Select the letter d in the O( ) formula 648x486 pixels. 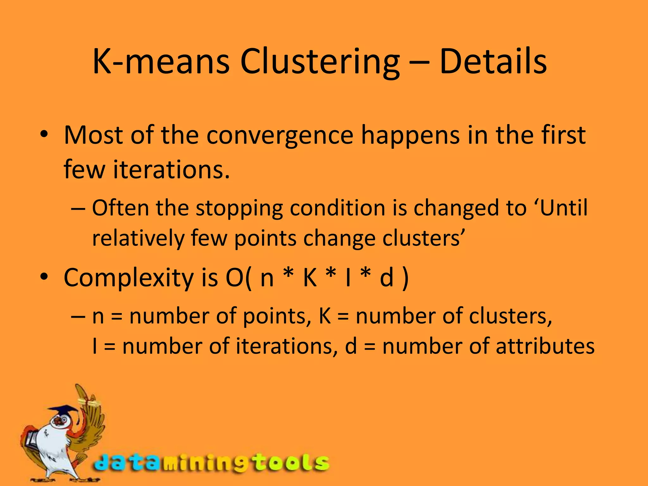tap(386, 277)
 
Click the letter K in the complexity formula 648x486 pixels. tap(310, 277)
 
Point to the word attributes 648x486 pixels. tap(545, 346)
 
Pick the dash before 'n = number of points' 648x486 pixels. tap(78, 316)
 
